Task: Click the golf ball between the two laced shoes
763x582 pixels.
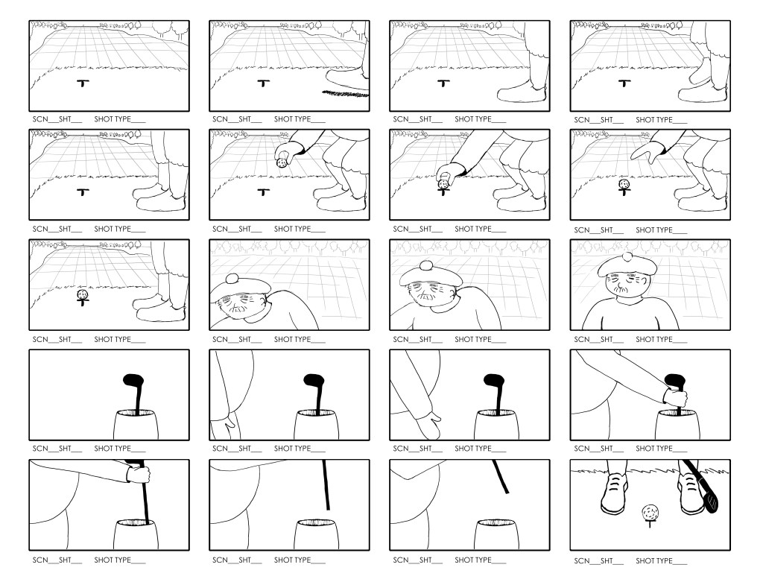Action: tap(650, 513)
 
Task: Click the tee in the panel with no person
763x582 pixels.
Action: tap(81, 83)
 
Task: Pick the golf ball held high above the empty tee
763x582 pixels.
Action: tap(283, 162)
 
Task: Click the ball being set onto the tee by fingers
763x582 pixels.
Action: tap(443, 182)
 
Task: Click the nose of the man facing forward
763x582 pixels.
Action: tap(623, 286)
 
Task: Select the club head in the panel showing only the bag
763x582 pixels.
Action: tap(133, 383)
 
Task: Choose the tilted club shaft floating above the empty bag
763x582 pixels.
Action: tap(500, 477)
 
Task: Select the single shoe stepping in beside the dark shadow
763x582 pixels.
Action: tap(346, 78)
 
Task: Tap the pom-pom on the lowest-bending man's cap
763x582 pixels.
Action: tap(232, 278)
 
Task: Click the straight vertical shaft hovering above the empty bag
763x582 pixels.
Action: tap(326, 484)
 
